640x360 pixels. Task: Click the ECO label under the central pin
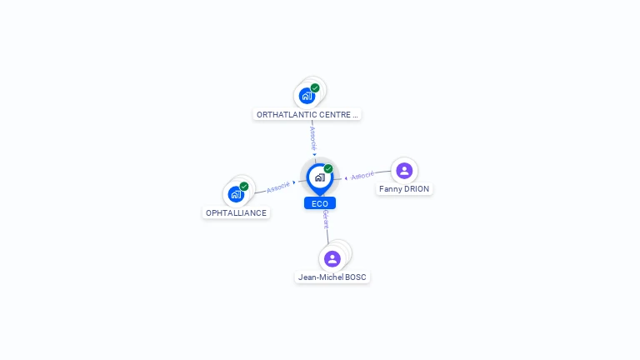tap(320, 203)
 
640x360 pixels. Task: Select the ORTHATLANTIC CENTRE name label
tap(307, 115)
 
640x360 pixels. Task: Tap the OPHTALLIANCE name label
tap(236, 212)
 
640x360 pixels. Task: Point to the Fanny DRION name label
tap(404, 189)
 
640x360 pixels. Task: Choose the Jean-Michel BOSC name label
tap(332, 277)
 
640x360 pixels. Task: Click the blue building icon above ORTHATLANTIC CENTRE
tap(307, 96)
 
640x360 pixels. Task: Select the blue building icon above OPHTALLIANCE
tap(236, 194)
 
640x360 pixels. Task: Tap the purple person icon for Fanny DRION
tap(404, 171)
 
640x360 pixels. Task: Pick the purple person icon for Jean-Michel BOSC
tap(332, 259)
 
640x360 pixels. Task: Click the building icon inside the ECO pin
tap(320, 177)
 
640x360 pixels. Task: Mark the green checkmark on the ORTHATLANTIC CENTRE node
tap(315, 87)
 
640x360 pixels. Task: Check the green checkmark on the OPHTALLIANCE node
tap(244, 187)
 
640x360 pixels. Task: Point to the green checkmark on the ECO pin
tap(328, 168)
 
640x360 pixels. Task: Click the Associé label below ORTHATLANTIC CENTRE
tap(313, 138)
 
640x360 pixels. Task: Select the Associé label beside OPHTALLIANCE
tap(278, 187)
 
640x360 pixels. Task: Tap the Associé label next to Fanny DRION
tap(362, 176)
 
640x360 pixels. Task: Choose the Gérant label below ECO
tap(326, 219)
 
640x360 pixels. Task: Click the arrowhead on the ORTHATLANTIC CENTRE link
tap(314, 154)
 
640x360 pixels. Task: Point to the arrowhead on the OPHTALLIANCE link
tap(294, 182)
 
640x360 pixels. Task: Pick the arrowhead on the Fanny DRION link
tap(346, 178)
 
